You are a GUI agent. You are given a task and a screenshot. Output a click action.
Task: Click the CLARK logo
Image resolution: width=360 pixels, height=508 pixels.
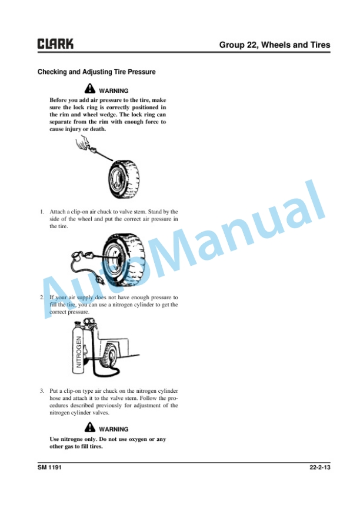tap(55, 44)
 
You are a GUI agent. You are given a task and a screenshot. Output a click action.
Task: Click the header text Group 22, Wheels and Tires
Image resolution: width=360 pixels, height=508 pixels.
tap(275, 45)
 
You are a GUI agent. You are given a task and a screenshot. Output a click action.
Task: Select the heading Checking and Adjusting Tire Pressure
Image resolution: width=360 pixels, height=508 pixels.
tap(96, 72)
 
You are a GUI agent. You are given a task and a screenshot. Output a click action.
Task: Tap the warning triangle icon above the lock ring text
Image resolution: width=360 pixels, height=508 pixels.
tap(90, 88)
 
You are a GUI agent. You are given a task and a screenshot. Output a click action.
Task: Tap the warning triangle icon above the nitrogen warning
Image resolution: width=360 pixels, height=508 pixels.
tap(90, 427)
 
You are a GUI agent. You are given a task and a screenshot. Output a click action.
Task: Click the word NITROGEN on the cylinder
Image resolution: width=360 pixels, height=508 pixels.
tap(79, 352)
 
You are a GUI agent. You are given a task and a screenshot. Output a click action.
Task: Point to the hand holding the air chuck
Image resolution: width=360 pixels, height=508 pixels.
tap(82, 143)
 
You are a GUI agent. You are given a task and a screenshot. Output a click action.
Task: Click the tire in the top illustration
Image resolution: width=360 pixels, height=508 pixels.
tap(124, 179)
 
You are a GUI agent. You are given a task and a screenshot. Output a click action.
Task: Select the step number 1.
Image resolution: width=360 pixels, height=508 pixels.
tap(42, 212)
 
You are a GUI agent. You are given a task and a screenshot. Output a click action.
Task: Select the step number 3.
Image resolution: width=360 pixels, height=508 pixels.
tap(42, 391)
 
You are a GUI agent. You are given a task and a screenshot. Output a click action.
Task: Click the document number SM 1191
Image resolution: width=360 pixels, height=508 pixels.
tap(49, 467)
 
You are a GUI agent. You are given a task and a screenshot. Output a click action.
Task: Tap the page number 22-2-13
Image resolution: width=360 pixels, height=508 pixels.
tap(320, 467)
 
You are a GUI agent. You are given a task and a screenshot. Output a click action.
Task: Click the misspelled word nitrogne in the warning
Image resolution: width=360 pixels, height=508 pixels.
tap(72, 439)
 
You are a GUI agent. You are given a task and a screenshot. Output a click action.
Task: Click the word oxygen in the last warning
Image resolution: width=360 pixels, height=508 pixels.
tap(138, 440)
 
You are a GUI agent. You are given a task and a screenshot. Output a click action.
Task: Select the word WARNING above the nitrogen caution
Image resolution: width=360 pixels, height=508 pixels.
tap(114, 429)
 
